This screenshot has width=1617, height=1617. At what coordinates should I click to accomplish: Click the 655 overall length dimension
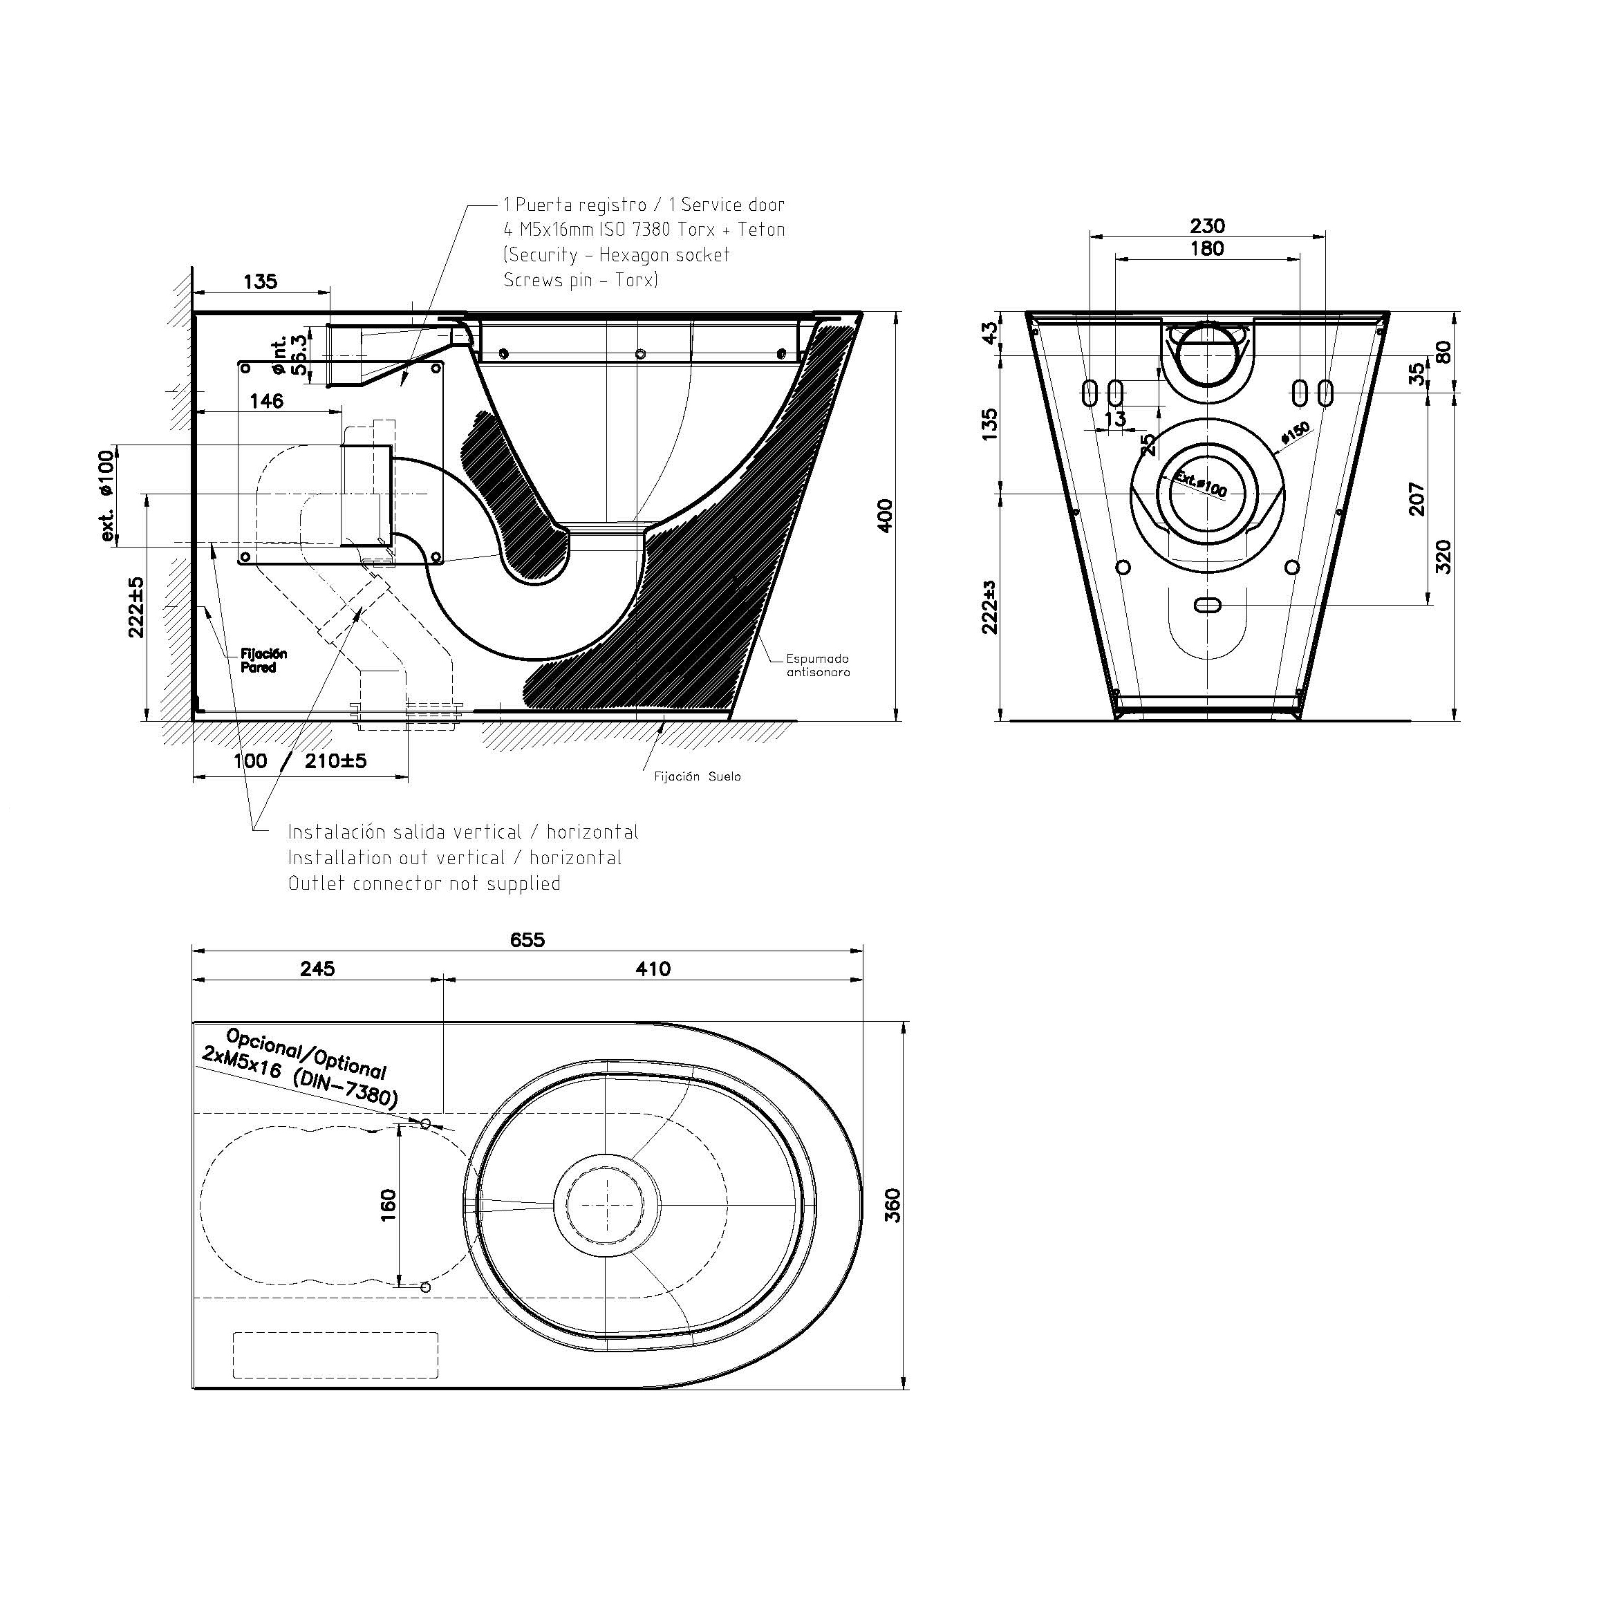pos(527,940)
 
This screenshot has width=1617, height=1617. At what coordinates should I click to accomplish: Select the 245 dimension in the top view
pos(317,969)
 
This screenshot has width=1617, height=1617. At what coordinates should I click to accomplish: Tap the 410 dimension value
pos(653,969)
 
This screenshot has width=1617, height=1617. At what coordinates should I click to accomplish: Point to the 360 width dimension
pos(892,1205)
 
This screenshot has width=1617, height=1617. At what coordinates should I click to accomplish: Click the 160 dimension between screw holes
pos(388,1205)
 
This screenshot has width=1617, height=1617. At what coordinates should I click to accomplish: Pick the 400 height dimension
pos(886,515)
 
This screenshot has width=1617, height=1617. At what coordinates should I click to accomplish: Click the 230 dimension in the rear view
pos(1207,226)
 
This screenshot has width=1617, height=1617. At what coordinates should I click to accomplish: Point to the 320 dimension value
pos(1443,557)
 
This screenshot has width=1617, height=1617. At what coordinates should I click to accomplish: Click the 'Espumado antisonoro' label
pos(818,665)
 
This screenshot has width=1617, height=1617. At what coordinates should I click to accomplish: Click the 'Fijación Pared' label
pos(263,660)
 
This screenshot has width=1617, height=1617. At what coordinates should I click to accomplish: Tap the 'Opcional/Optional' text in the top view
pos(306,1054)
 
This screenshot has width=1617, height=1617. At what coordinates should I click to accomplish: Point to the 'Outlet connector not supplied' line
pos(424,883)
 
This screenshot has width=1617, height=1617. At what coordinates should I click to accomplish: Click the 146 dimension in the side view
pos(266,401)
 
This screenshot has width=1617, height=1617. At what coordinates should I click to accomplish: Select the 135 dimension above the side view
pos(261,281)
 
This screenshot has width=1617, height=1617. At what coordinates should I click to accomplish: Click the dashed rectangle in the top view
pos(335,1355)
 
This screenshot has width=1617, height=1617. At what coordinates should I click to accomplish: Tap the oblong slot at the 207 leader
pos(1207,604)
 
